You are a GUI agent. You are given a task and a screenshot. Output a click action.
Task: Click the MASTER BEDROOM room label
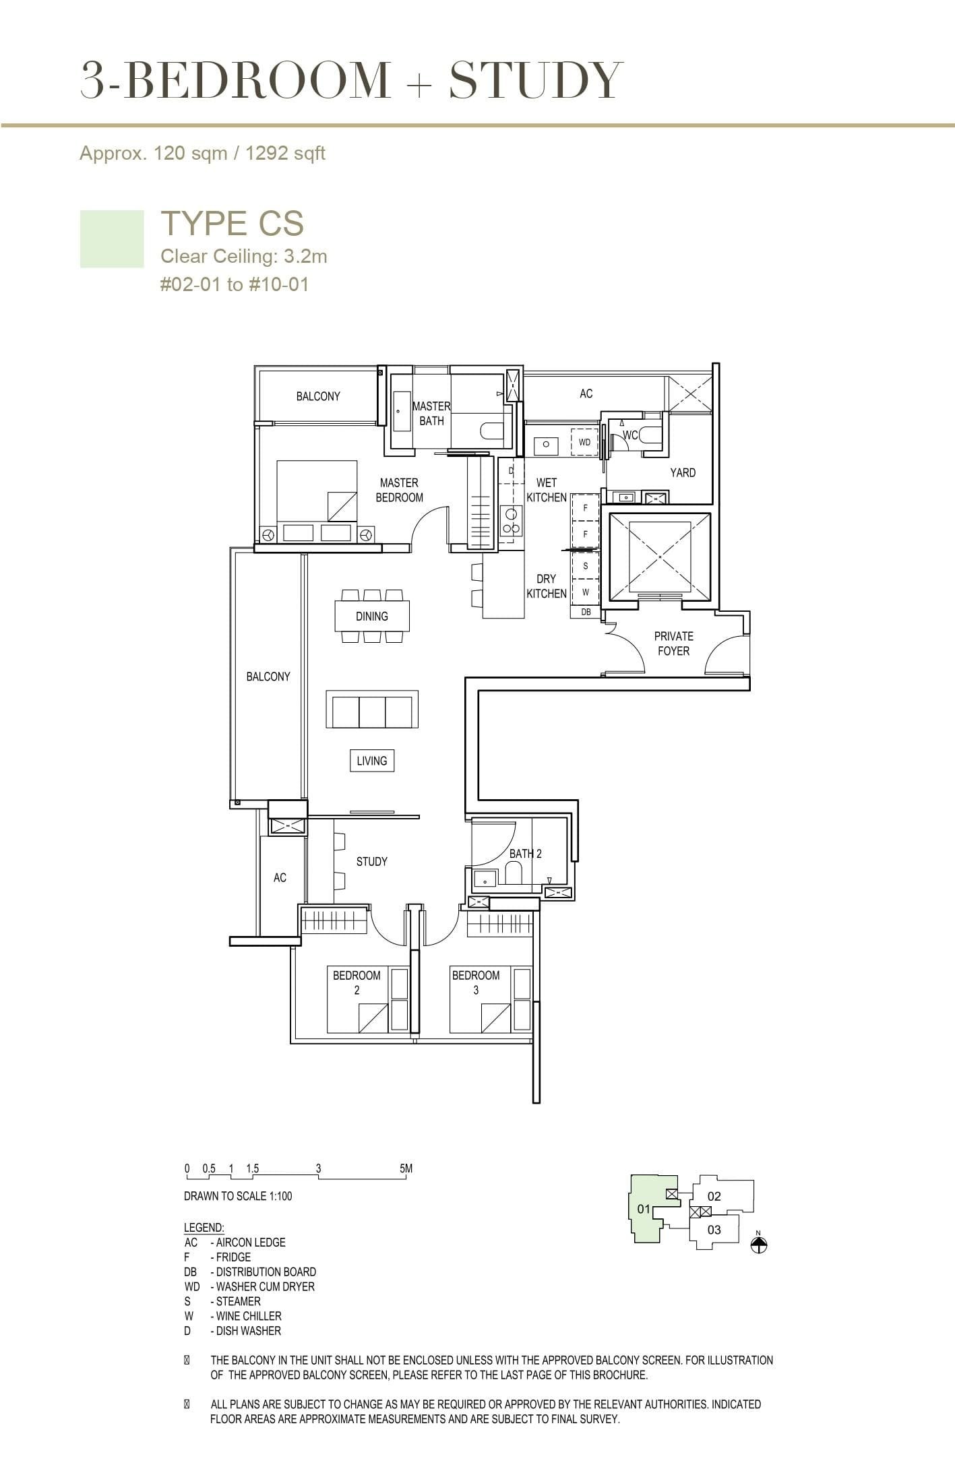399,490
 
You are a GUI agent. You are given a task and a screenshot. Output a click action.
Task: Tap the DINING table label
371,616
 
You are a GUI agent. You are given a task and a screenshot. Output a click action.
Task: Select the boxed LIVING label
371,761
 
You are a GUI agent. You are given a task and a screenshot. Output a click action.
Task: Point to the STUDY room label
371,861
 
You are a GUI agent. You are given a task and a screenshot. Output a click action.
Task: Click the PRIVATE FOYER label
673,644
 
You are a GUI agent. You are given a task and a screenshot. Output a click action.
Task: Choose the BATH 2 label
525,853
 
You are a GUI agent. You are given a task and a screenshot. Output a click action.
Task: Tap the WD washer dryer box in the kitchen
584,442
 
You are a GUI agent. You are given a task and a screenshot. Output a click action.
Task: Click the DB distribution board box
585,612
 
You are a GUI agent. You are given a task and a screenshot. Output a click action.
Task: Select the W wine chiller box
585,592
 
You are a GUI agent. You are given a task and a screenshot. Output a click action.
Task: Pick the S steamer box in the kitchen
585,566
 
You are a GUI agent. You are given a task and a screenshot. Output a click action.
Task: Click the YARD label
682,472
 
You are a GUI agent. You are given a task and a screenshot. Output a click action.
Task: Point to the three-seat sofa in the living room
372,709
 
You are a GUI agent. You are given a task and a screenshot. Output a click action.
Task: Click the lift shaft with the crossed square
659,557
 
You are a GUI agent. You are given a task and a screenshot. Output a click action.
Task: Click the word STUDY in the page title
536,80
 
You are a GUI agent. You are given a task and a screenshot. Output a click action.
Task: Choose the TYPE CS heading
232,223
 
